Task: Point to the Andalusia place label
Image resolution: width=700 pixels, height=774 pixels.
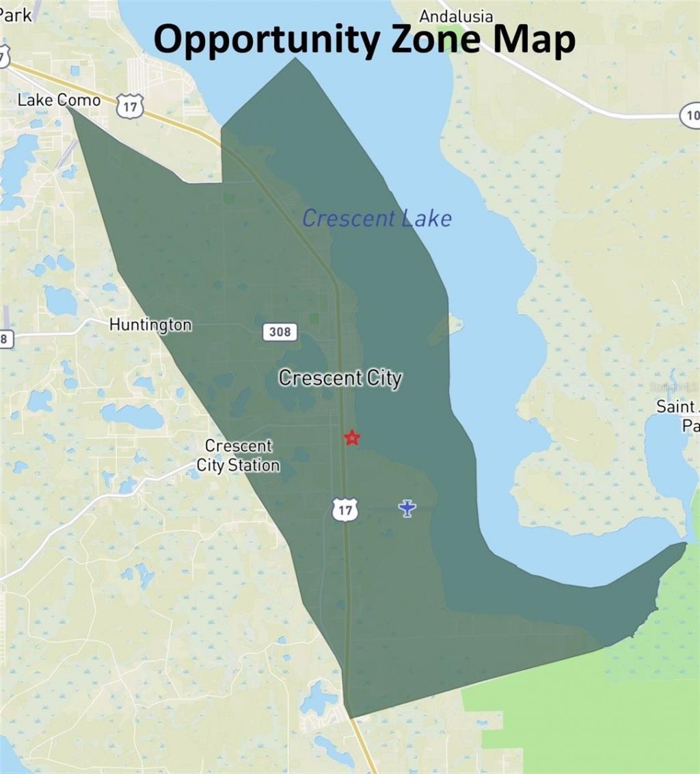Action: pyautogui.click(x=457, y=16)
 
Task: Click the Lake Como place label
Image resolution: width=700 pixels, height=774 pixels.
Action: pyautogui.click(x=59, y=100)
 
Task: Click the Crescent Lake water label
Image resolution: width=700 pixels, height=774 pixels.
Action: pyautogui.click(x=377, y=219)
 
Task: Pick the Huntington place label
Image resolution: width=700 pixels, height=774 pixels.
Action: pyautogui.click(x=150, y=324)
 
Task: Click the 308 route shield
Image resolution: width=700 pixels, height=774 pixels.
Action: pyautogui.click(x=280, y=332)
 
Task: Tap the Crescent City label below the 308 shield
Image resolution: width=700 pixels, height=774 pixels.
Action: pyautogui.click(x=340, y=378)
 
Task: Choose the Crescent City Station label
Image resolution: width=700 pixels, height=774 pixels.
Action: pyautogui.click(x=239, y=456)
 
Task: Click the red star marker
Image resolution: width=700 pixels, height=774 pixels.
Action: pyautogui.click(x=351, y=437)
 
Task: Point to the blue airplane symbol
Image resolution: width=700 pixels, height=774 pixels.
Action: pyautogui.click(x=407, y=508)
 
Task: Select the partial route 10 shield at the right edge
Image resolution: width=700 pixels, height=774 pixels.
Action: pyautogui.click(x=690, y=116)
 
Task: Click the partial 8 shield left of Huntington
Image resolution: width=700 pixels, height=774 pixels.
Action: pyautogui.click(x=5, y=339)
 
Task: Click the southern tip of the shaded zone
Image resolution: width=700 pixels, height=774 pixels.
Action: pyautogui.click(x=351, y=717)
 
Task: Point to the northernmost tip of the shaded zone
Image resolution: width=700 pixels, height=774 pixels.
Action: pyautogui.click(x=296, y=59)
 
